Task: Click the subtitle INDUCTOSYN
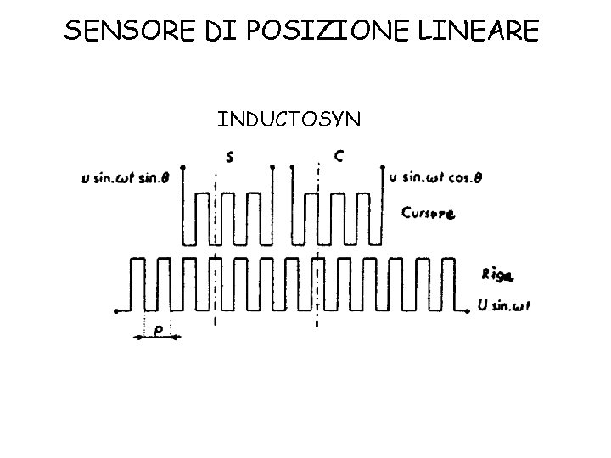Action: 289,120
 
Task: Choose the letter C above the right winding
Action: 339,156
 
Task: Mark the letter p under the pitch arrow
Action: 158,327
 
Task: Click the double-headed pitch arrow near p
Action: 158,338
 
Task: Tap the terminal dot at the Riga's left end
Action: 116,311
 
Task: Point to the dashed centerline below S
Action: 217,254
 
